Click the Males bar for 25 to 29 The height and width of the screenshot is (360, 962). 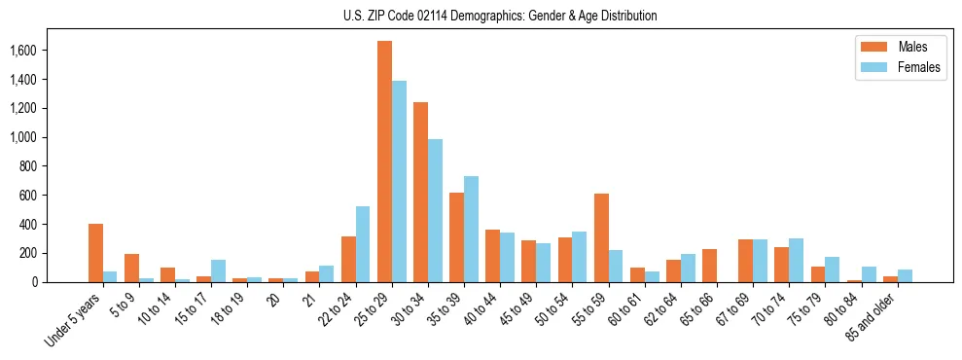point(384,162)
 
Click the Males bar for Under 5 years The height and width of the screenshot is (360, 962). point(95,253)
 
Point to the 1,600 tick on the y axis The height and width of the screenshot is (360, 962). point(52,51)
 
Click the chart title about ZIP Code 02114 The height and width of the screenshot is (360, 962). point(500,16)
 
